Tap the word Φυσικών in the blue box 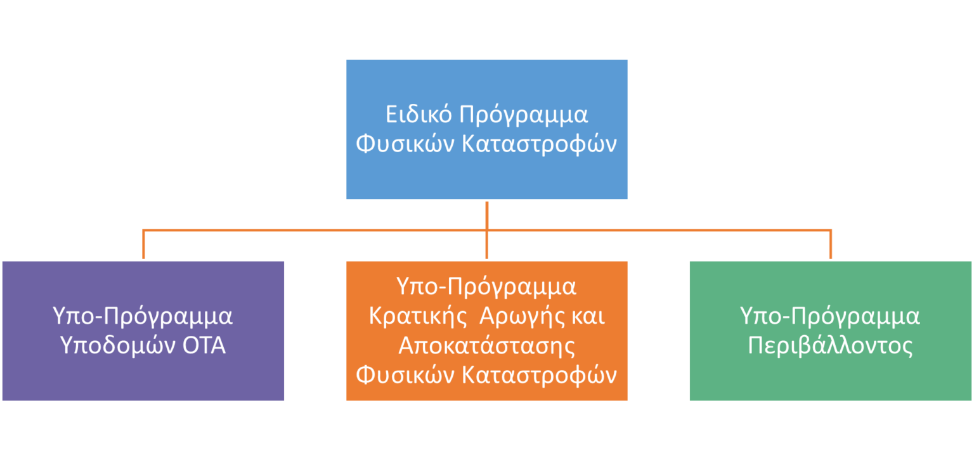tap(405, 144)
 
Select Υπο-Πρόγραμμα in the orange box tap(486, 287)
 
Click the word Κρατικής tap(418, 316)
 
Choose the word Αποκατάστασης tap(486, 346)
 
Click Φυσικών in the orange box tap(405, 375)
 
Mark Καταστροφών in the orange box tap(539, 376)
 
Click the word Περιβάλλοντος tap(830, 346)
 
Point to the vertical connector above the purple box tap(143, 245)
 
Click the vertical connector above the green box tap(831, 245)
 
